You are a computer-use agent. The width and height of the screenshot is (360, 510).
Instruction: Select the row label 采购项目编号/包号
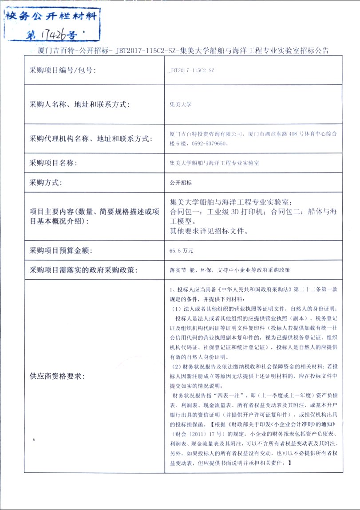tap(63, 70)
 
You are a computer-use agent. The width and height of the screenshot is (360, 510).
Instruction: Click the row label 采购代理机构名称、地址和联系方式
tap(91, 139)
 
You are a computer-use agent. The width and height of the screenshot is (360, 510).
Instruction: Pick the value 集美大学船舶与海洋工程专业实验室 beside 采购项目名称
tap(214, 163)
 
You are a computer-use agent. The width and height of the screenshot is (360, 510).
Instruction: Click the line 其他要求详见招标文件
tap(209, 231)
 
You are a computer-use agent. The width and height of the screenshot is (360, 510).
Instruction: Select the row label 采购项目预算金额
tap(60, 251)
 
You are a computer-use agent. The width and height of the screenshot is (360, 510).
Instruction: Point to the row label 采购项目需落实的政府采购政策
tap(83, 270)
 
